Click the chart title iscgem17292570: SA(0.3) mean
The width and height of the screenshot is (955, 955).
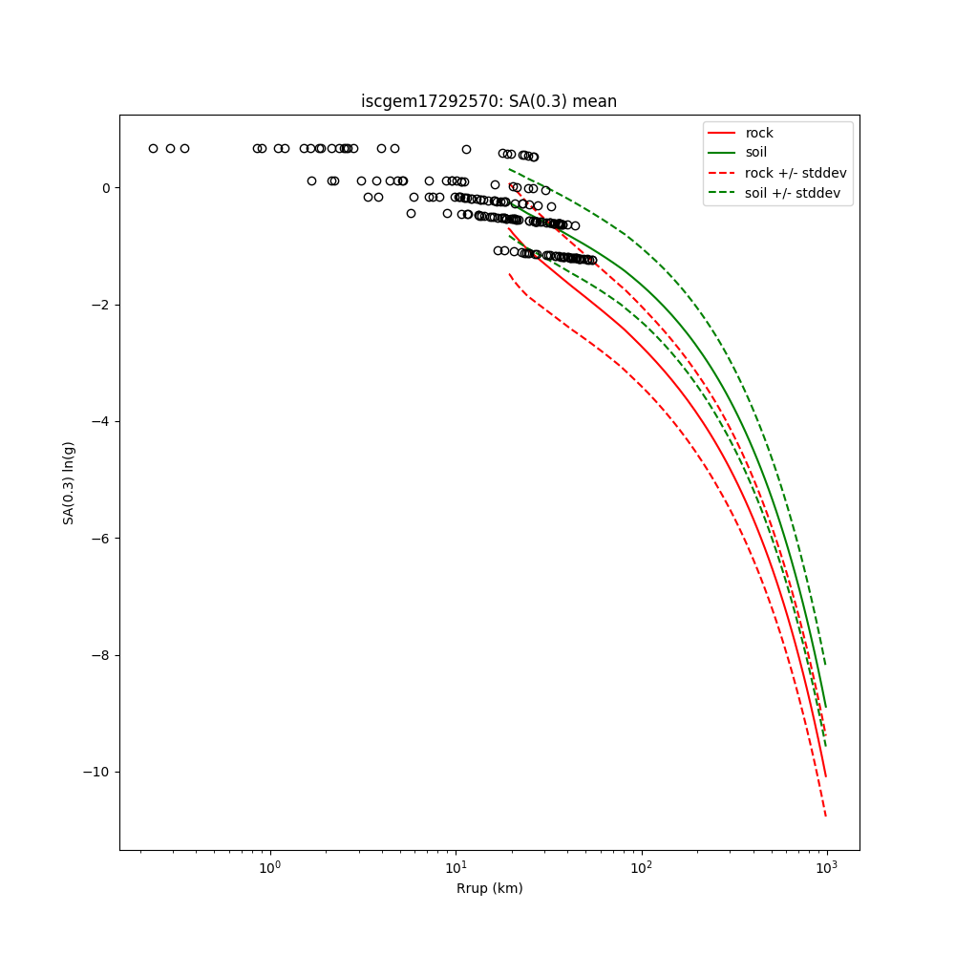[x=488, y=101]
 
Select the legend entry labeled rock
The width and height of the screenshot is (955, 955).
[x=759, y=133]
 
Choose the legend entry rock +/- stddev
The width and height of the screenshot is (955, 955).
[x=796, y=173]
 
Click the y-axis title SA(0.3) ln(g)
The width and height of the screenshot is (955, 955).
[x=69, y=482]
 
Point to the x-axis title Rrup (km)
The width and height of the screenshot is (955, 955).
[x=489, y=888]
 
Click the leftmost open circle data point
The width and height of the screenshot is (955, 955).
[x=153, y=148]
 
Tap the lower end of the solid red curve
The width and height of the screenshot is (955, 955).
[x=826, y=776]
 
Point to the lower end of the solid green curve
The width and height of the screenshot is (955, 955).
[x=826, y=708]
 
